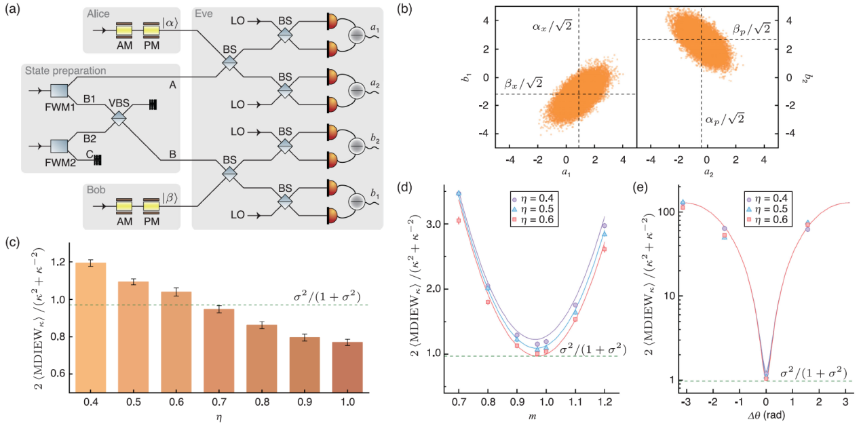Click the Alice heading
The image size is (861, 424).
coord(100,14)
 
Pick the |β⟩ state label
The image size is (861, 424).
coord(171,199)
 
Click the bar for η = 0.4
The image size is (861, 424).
coord(90,326)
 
